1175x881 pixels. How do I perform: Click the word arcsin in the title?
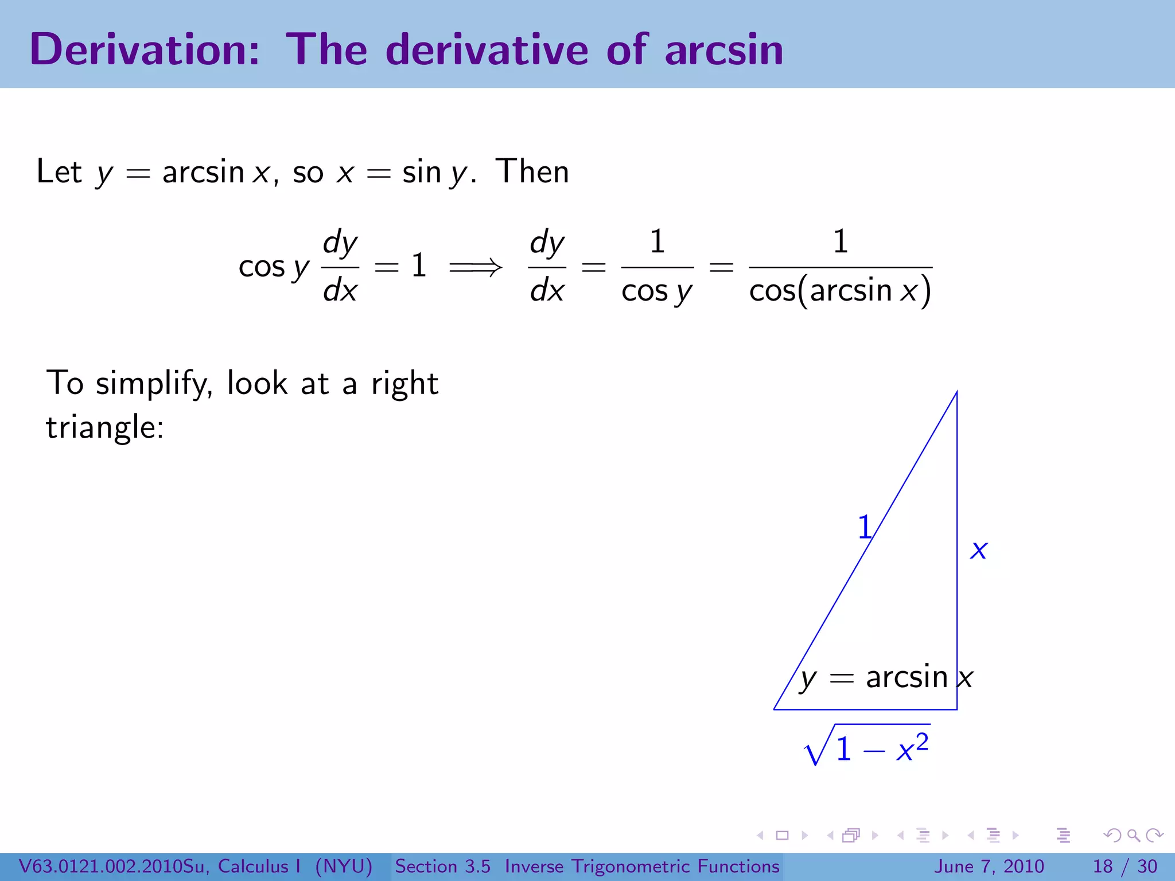pos(724,50)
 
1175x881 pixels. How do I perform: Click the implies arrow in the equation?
pos(475,267)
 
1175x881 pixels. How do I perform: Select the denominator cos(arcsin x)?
pos(840,290)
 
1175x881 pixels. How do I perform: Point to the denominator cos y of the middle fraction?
pos(657,291)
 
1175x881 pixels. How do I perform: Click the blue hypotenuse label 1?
pos(865,527)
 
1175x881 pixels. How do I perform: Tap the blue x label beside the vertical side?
pos(979,550)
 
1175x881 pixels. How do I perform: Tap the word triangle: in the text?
pos(105,427)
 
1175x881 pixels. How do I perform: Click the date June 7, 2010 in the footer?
pos(989,866)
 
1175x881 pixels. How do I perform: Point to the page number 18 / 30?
pos(1125,866)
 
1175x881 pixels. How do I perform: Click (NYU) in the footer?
pos(344,866)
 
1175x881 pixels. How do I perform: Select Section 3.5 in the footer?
pos(442,866)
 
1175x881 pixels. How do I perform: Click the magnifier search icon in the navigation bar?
pos(1133,835)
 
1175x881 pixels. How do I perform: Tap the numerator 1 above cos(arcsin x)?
pos(841,241)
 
